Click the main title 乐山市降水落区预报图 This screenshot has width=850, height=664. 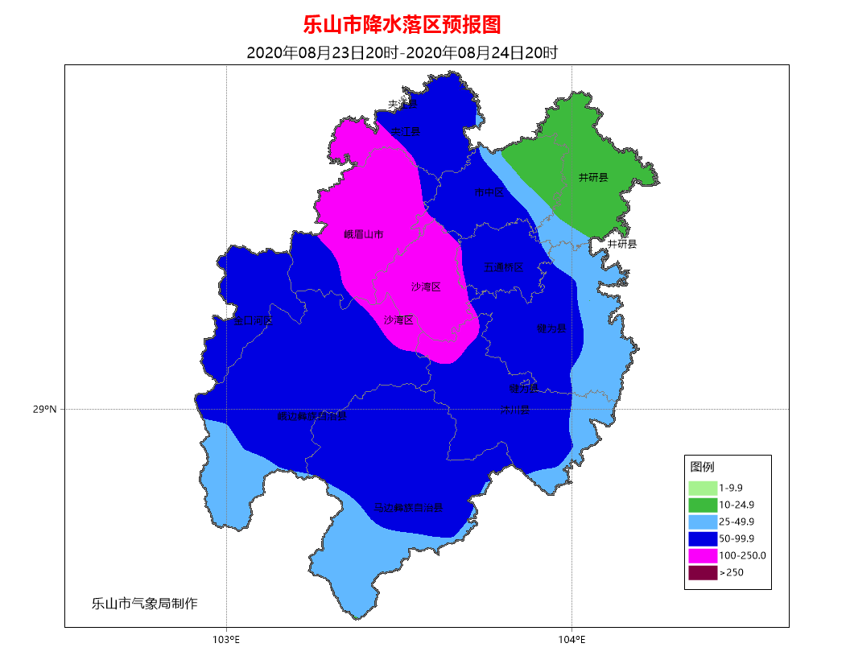pyautogui.click(x=402, y=25)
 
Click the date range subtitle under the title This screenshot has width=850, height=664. pyautogui.click(x=402, y=53)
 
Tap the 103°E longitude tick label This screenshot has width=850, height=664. pyautogui.click(x=227, y=641)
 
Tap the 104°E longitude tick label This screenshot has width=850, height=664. pyautogui.click(x=571, y=641)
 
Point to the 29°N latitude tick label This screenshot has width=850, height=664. pyautogui.click(x=45, y=410)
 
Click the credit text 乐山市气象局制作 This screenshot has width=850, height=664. pyautogui.click(x=144, y=603)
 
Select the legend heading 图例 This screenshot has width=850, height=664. pyautogui.click(x=702, y=467)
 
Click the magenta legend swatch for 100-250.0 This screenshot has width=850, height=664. pyautogui.click(x=702, y=555)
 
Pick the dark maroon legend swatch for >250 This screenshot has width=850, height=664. pyautogui.click(x=702, y=572)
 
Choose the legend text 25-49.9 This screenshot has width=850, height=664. pyautogui.click(x=737, y=522)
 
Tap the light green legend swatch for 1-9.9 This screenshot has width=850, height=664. pyautogui.click(x=702, y=488)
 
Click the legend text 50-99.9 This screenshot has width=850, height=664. pyautogui.click(x=737, y=538)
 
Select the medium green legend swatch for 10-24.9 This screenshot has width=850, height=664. pyautogui.click(x=702, y=505)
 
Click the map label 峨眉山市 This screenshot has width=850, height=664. pyautogui.click(x=363, y=235)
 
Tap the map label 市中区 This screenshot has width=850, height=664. pyautogui.click(x=489, y=193)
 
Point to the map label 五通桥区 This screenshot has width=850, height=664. pyautogui.click(x=503, y=267)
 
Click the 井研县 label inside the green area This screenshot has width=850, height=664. pyautogui.click(x=593, y=177)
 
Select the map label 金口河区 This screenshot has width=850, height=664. pyautogui.click(x=253, y=320)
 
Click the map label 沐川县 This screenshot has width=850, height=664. pyautogui.click(x=515, y=410)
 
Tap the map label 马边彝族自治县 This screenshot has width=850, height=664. pyautogui.click(x=408, y=509)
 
